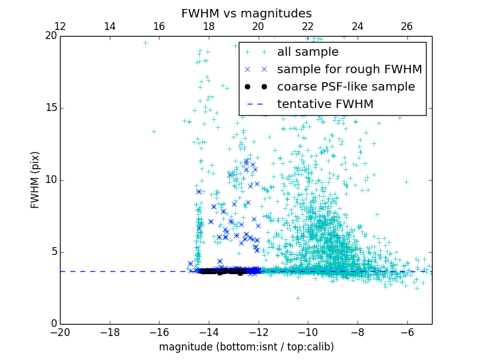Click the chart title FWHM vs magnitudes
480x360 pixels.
[x=246, y=13]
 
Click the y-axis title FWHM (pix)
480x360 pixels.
[x=35, y=180]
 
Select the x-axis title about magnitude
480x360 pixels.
[x=246, y=347]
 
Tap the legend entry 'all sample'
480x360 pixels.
[x=308, y=52]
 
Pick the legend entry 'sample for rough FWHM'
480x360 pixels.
[x=349, y=70]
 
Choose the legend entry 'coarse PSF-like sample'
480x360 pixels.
[x=346, y=87]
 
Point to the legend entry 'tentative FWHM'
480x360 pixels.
[x=325, y=104]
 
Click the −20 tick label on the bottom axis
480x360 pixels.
[x=60, y=332]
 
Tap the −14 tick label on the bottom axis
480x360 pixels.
[x=209, y=332]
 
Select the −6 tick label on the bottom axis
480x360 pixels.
[x=407, y=332]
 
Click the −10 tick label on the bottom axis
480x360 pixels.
[x=308, y=332]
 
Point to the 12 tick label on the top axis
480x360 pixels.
[x=60, y=27]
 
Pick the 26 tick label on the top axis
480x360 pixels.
[x=407, y=27]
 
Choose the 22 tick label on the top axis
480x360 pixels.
[x=308, y=27]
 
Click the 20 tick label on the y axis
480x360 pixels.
[x=50, y=36]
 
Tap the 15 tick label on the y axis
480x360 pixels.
[x=50, y=108]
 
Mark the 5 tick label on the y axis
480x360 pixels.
[x=53, y=252]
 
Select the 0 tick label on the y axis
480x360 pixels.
[x=53, y=324]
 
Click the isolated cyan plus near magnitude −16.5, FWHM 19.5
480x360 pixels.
[x=145, y=43]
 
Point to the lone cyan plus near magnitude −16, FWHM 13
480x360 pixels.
[x=154, y=131]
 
